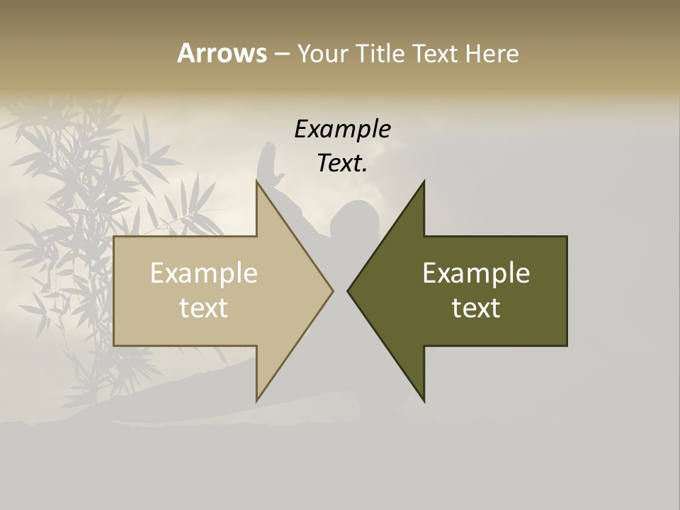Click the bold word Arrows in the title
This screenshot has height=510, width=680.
point(222,53)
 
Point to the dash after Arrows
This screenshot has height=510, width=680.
point(281,55)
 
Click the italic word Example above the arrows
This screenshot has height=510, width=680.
point(342,129)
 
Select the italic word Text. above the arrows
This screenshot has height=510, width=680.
point(342,164)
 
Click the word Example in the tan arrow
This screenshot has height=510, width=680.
point(203,273)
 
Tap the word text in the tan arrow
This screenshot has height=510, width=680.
point(203,308)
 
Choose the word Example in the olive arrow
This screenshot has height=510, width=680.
point(476,273)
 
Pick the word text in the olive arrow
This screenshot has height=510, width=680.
point(476,308)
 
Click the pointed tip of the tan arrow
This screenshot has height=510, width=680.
point(332,290)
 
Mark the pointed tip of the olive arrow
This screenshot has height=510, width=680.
point(348,290)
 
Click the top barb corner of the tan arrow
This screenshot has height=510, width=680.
point(257,181)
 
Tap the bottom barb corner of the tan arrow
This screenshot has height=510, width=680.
point(257,400)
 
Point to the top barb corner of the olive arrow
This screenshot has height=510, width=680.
point(424,181)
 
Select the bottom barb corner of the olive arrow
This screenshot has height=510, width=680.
point(424,401)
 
